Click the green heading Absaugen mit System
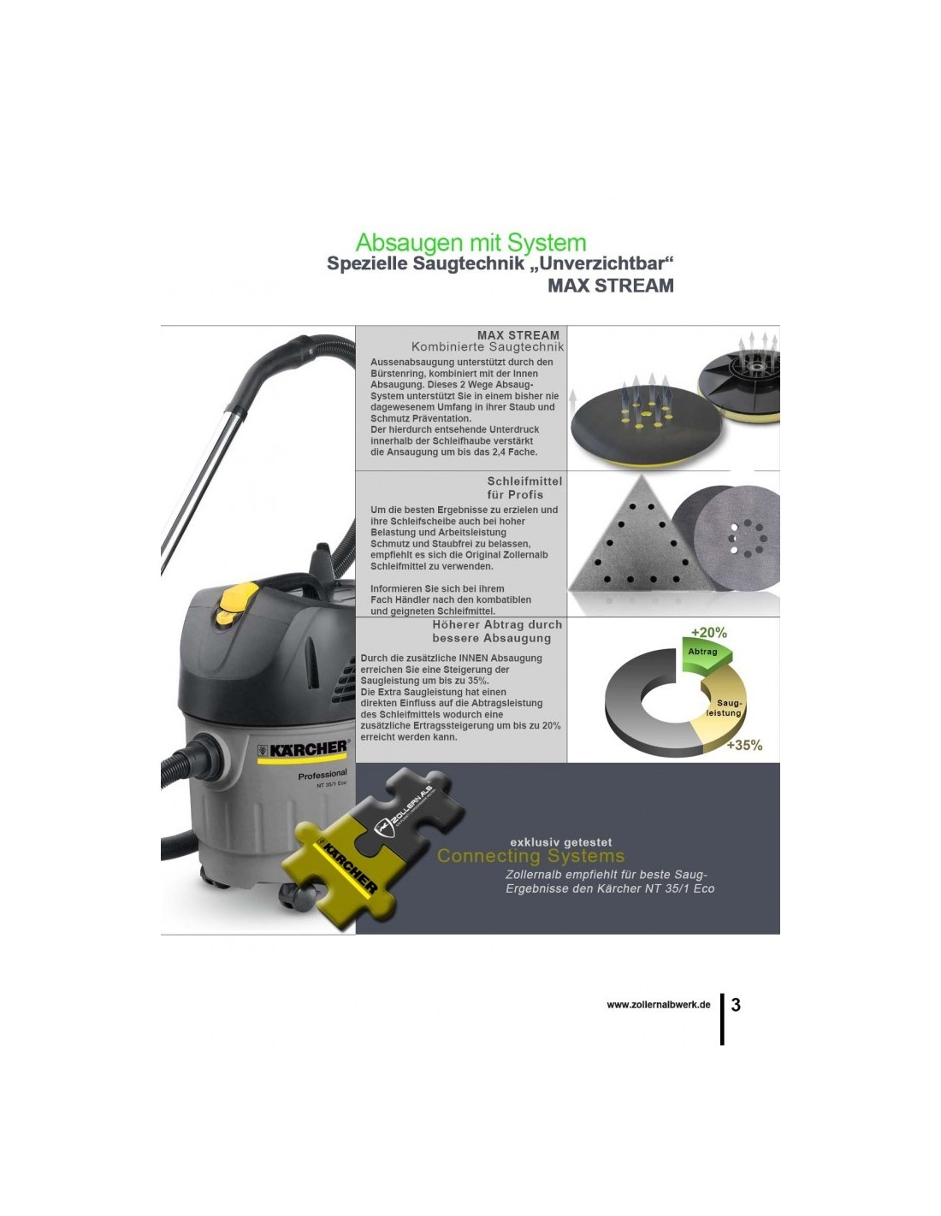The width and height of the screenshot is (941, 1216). (470, 243)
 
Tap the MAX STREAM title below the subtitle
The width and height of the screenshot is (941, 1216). (610, 286)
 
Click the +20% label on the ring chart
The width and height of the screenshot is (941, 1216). (708, 632)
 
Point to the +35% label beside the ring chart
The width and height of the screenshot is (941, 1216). (744, 745)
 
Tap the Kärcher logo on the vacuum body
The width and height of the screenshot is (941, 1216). (302, 749)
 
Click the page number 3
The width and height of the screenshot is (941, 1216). (736, 1004)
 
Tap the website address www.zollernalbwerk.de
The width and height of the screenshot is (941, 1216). (659, 1005)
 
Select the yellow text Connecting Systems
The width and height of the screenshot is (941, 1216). (530, 856)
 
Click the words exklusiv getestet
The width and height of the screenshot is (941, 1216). (561, 841)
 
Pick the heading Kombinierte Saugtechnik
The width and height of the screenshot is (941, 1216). (488, 347)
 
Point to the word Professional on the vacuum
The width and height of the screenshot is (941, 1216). (323, 775)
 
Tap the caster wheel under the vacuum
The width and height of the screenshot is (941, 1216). (299, 898)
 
